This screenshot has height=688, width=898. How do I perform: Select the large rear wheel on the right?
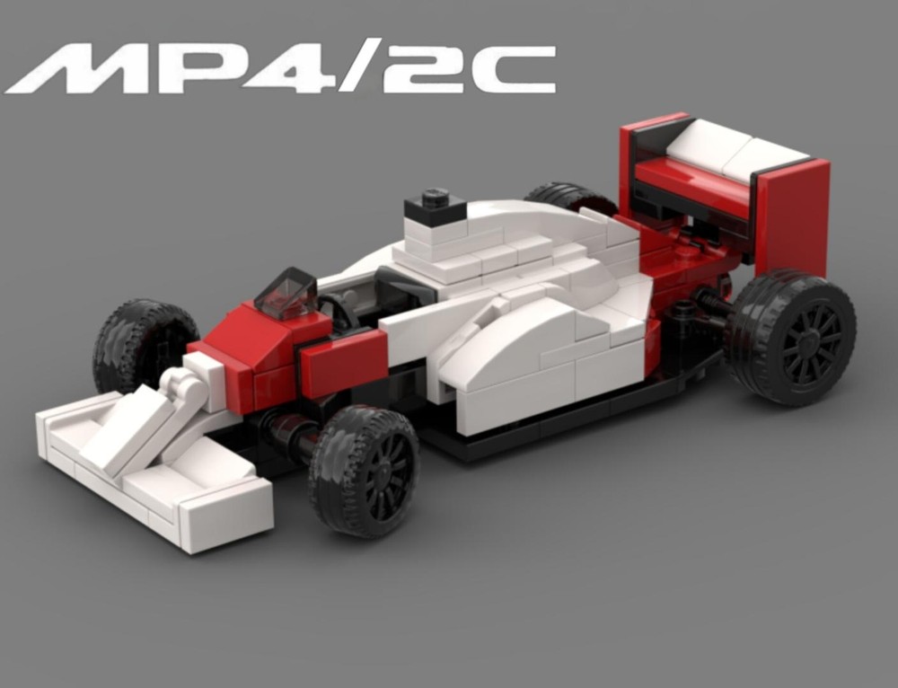pos(791,337)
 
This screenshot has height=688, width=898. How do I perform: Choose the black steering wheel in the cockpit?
pos(338,310)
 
